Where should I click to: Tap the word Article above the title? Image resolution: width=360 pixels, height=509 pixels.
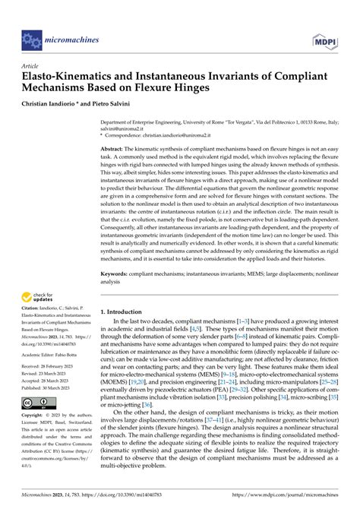(x=33, y=66)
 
